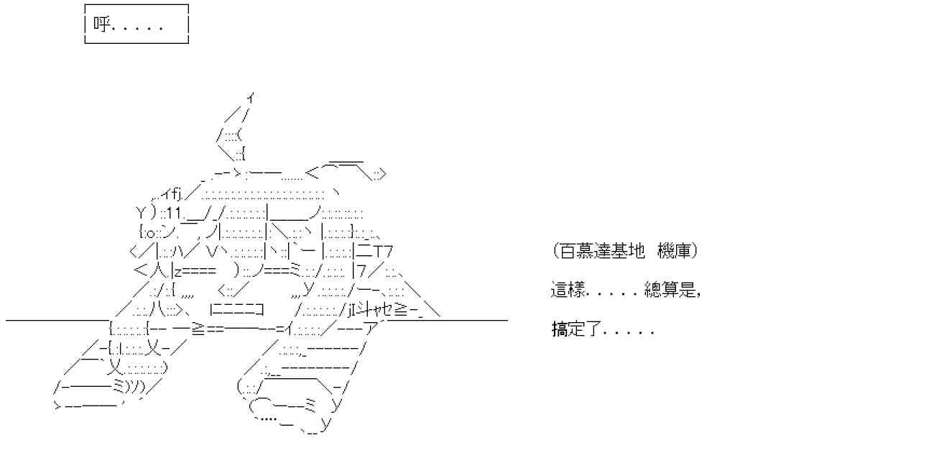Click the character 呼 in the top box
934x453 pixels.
coord(100,26)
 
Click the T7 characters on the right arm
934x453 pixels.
coord(384,252)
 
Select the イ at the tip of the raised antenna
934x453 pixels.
coord(249,96)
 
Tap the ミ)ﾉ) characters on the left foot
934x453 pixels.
coord(129,388)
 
